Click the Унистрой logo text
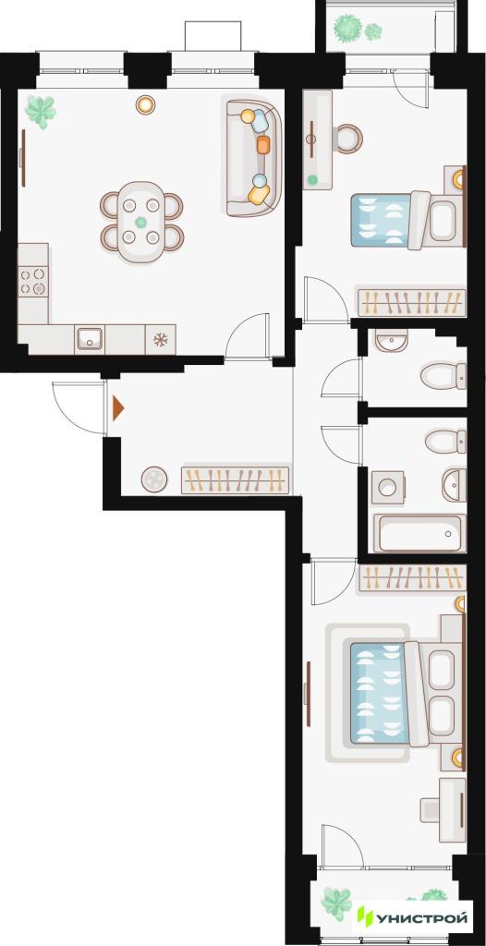[x=422, y=919]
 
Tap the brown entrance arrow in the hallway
[x=117, y=408]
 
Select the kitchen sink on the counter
[x=90, y=339]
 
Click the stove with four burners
[x=32, y=281]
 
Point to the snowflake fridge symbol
[x=160, y=340]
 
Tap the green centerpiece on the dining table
[x=140, y=222]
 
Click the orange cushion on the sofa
[x=263, y=144]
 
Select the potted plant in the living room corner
[x=41, y=112]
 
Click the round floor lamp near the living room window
[x=145, y=105]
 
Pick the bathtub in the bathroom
[x=419, y=533]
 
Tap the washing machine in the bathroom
[x=387, y=487]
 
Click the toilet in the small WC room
[x=443, y=376]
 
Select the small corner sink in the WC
[x=386, y=341]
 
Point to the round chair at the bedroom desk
[x=348, y=139]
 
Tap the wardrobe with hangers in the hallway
[x=236, y=479]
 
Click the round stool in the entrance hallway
[x=154, y=479]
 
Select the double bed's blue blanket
[x=380, y=693]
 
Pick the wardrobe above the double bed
[x=412, y=578]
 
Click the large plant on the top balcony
[x=347, y=27]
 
